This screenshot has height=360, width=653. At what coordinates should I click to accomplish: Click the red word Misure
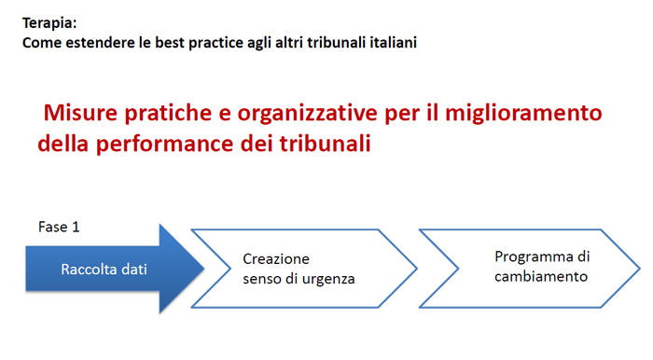[x=81, y=114]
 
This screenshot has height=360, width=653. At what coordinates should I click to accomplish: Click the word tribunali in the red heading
[x=318, y=145]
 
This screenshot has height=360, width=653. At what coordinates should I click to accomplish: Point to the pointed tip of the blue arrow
[x=204, y=269]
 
